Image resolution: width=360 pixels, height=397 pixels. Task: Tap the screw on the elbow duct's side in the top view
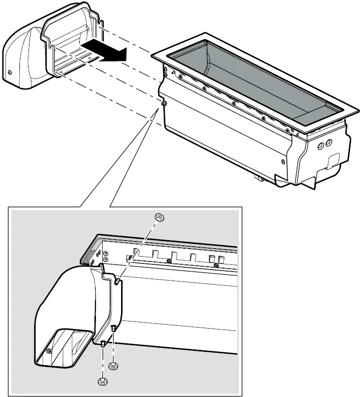tap(10, 72)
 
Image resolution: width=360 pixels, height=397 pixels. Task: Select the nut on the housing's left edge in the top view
tap(163, 103)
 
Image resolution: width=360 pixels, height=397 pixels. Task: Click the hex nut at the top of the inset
tap(160, 217)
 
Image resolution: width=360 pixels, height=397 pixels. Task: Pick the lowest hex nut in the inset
tap(101, 382)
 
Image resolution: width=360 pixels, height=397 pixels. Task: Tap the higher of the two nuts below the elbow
tap(114, 366)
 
